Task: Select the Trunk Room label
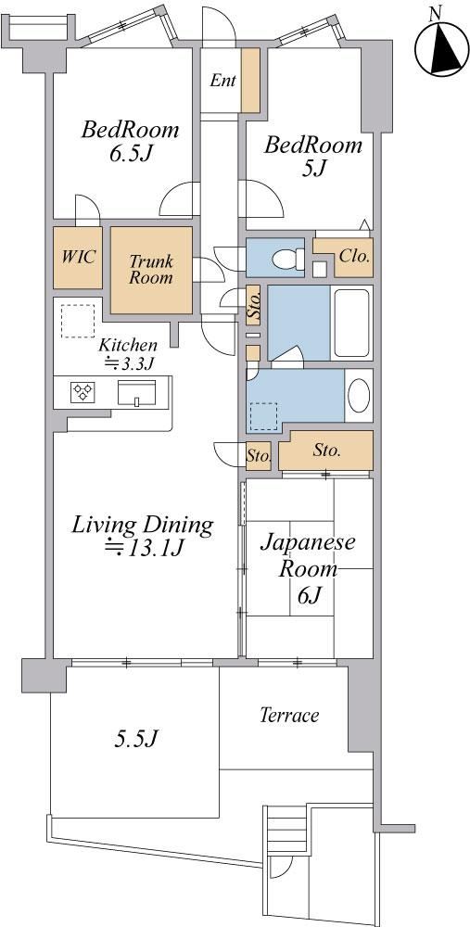point(151,269)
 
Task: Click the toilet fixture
point(289,259)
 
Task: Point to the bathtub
point(352,323)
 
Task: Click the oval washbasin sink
point(359,396)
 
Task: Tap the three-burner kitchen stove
point(83,392)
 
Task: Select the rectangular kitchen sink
point(136,392)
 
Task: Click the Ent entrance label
point(222,81)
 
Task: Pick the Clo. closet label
point(355,257)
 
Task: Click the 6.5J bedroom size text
point(130,154)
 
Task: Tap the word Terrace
point(289,716)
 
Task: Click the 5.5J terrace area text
point(135,738)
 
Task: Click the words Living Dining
point(142,525)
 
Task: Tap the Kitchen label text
point(128,345)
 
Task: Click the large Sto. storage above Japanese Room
point(326,451)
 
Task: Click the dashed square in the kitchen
point(78,321)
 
